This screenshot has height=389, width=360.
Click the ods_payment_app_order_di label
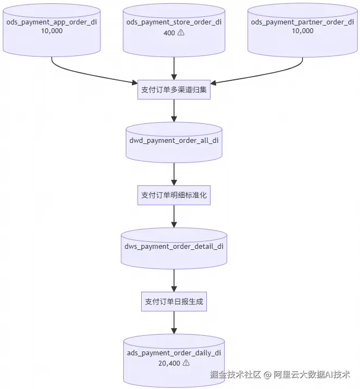[x=52, y=22]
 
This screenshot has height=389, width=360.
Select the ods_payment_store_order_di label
[x=174, y=22]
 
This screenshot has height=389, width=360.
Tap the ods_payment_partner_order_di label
[x=302, y=22]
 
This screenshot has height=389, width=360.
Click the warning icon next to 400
[x=181, y=33]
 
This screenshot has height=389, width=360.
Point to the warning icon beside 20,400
[x=186, y=363]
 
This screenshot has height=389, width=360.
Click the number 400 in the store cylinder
[x=169, y=33]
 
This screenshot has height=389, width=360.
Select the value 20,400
[x=169, y=363]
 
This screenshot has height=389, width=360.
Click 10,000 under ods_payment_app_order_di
[x=52, y=31]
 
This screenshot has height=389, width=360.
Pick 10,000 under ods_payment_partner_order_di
[x=302, y=31]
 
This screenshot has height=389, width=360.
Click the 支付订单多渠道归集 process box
[x=174, y=90]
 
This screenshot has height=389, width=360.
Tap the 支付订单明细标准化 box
[x=174, y=195]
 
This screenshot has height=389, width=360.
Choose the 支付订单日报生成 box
[x=174, y=302]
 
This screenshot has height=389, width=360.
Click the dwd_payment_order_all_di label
[x=174, y=141]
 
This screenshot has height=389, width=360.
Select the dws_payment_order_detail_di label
[x=174, y=246]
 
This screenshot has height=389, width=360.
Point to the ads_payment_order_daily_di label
[x=174, y=353]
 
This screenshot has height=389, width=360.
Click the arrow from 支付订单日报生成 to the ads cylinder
[x=174, y=323]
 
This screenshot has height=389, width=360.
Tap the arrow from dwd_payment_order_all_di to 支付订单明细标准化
[x=174, y=174]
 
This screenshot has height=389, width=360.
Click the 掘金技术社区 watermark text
[x=235, y=374]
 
